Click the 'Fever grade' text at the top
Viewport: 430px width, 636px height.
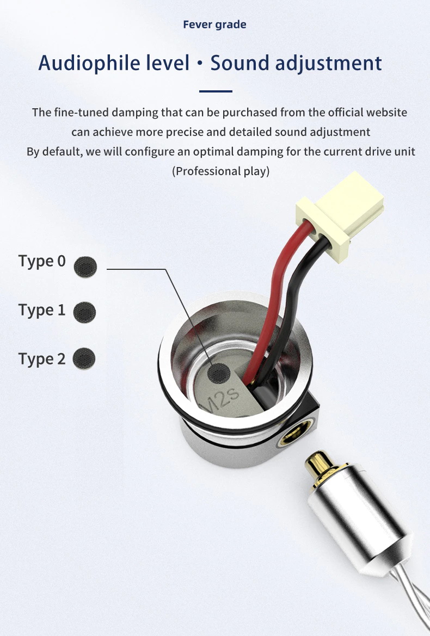[214, 24]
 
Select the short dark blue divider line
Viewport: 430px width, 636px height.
[216, 91]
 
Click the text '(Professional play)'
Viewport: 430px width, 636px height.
[220, 171]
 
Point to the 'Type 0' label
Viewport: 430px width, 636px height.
[42, 261]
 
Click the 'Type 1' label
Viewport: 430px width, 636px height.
[42, 310]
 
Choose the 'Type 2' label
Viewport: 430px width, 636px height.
[42, 359]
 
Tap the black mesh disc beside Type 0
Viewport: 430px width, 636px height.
[85, 266]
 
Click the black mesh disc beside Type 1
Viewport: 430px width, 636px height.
[84, 311]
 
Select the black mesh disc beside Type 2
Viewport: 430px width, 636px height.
[84, 358]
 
